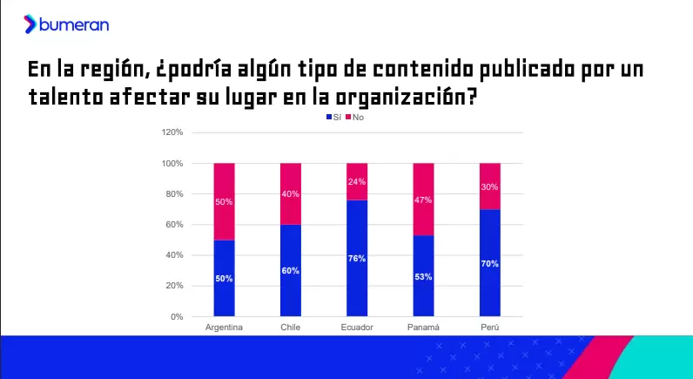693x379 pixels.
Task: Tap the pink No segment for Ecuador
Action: tap(356, 181)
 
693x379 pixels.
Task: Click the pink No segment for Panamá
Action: tap(422, 199)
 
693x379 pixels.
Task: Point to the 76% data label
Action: tap(356, 259)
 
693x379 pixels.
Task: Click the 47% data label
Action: tap(422, 200)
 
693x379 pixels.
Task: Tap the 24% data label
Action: tap(356, 182)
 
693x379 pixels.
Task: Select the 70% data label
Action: tap(489, 263)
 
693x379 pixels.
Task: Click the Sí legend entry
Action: tap(333, 117)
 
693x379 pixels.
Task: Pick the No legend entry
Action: tap(355, 117)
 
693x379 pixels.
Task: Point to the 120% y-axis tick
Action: tap(172, 132)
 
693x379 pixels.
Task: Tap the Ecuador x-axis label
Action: tap(356, 328)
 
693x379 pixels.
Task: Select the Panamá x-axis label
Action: tap(422, 328)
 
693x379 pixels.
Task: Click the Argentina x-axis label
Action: tap(224, 328)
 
